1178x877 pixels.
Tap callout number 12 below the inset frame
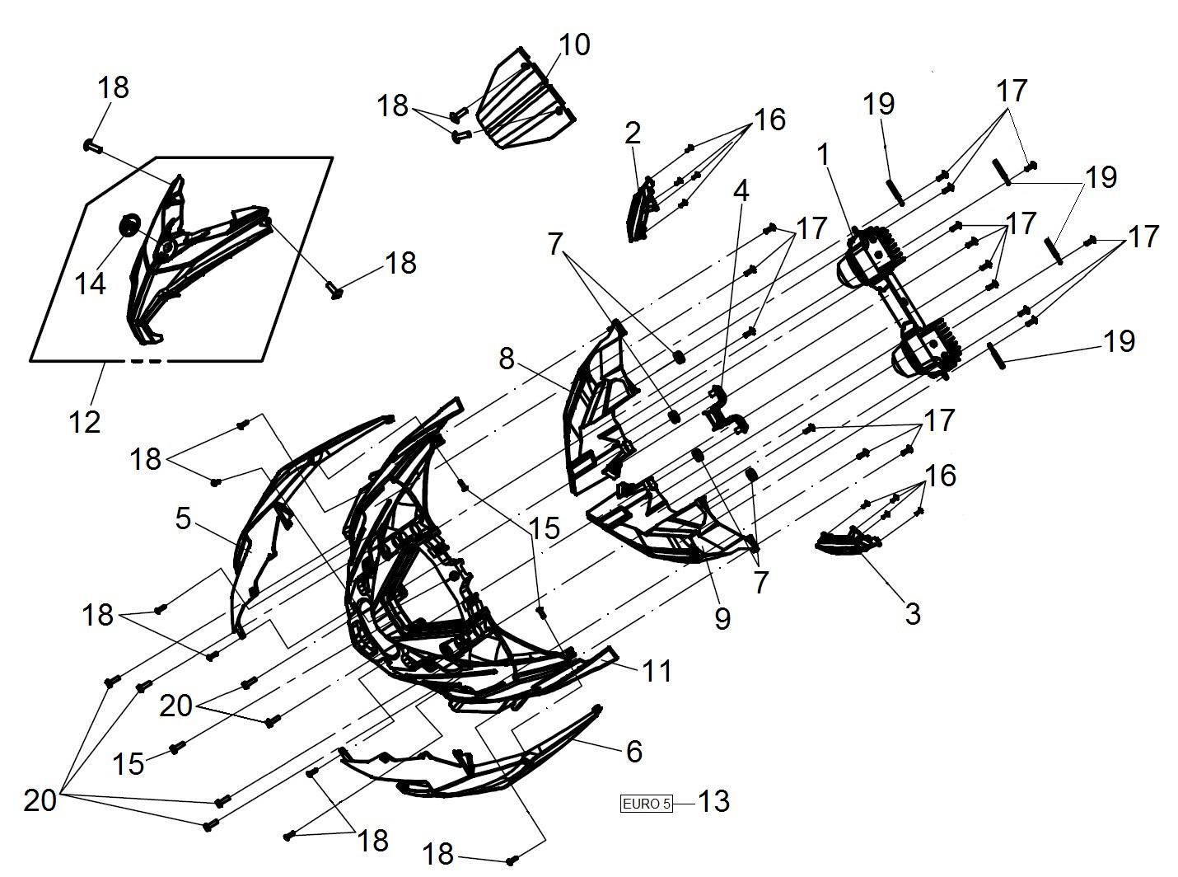coord(85,423)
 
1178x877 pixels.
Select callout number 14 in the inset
coord(91,284)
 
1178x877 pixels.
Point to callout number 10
coord(574,45)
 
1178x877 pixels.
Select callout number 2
coord(632,133)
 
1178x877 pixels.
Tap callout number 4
coord(741,190)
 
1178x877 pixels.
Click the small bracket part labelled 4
coord(724,410)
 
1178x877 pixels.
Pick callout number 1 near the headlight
coord(823,155)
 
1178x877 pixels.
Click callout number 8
coord(507,359)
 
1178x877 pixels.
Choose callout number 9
coord(722,617)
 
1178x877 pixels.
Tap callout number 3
coord(913,614)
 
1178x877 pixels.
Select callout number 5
coord(183,518)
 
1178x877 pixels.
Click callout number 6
coord(634,751)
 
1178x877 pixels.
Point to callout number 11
coord(657,671)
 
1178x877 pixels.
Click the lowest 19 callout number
coord(1119,340)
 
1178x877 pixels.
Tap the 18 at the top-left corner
coord(113,87)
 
